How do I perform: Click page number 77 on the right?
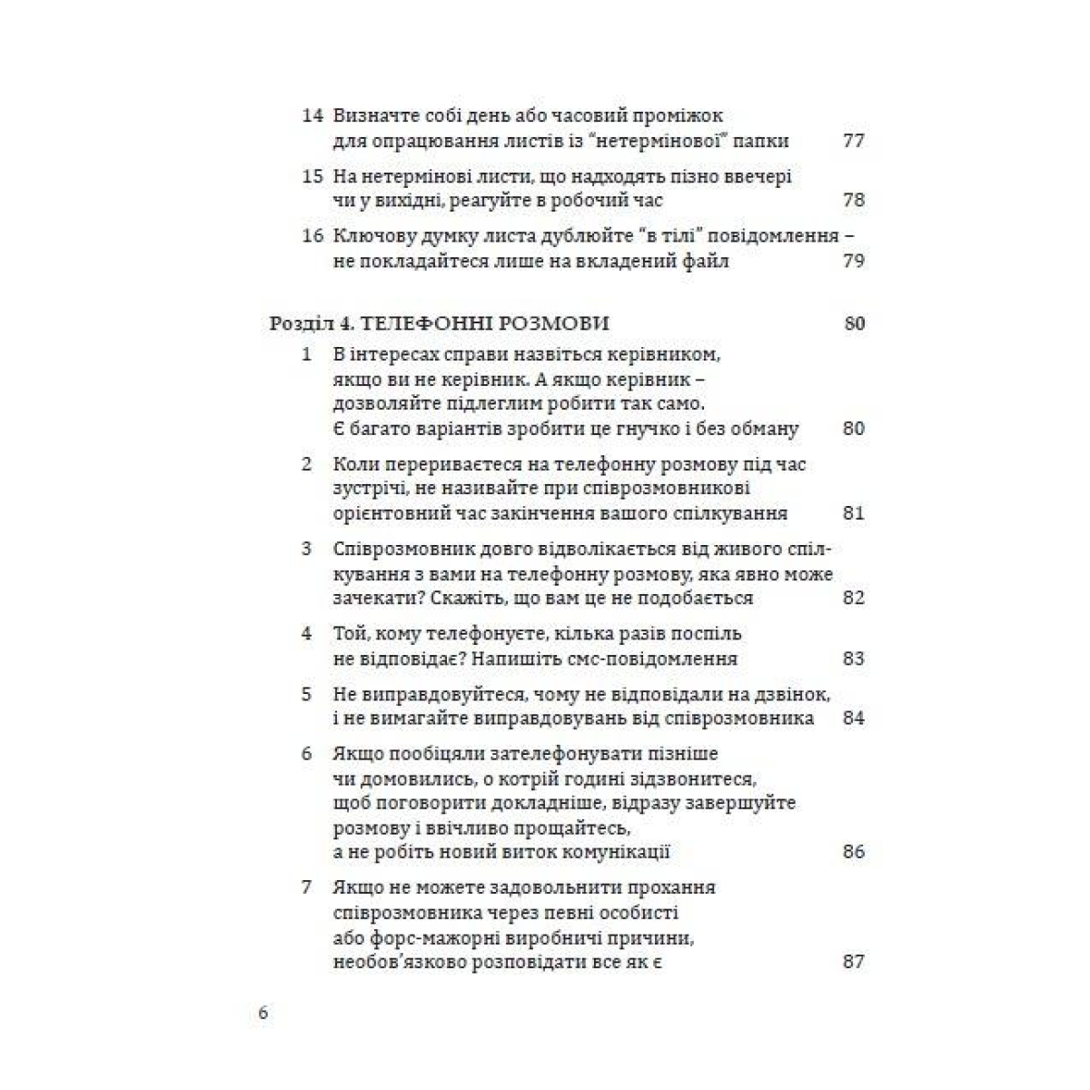tap(853, 141)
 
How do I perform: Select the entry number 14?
tap(312, 116)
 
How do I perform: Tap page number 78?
tap(853, 200)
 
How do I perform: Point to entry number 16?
tap(312, 236)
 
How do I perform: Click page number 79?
tap(853, 262)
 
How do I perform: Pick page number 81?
tap(853, 513)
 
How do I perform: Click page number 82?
tap(853, 598)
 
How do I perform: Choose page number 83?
tap(853, 659)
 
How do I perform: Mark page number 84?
tap(853, 718)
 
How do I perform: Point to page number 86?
tap(853, 852)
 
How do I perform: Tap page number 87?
tap(853, 961)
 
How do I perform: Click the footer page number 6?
tap(263, 1014)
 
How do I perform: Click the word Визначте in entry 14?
tap(375, 116)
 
